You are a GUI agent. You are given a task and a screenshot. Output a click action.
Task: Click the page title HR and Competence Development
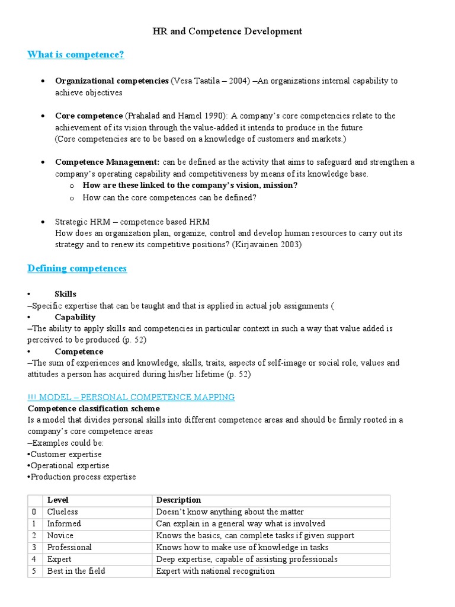point(227,31)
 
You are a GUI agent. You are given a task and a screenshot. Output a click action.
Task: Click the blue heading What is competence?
point(76,55)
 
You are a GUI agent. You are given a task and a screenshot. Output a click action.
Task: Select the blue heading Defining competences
point(77,269)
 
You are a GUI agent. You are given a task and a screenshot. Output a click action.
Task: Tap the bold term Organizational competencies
point(111,81)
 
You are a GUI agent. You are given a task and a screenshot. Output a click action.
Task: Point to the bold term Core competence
point(89,116)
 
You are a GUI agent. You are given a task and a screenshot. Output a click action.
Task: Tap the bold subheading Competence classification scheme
point(94,408)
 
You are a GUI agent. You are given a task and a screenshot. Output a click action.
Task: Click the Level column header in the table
point(58,500)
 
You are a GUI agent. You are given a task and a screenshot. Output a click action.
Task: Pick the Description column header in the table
point(178,500)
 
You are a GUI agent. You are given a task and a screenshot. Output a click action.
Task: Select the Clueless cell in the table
point(63,512)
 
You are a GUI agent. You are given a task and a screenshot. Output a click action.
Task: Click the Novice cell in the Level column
point(60,535)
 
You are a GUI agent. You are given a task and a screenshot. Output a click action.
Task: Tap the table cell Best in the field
point(76,571)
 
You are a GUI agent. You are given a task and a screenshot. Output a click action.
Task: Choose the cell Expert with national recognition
point(215,571)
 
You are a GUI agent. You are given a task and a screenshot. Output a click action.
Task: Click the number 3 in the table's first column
point(34,547)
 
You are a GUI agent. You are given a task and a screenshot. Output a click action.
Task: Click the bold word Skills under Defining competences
point(65,294)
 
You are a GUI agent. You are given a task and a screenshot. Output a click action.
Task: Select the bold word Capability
point(75,317)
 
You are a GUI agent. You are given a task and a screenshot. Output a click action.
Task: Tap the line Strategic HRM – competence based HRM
point(132,221)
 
